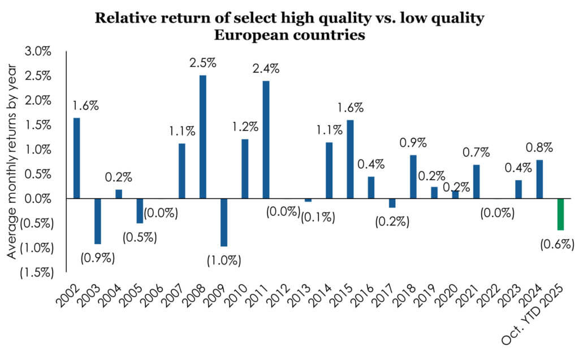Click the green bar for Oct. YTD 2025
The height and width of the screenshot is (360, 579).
coord(560,214)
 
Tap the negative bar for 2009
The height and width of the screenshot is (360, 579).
coord(224,222)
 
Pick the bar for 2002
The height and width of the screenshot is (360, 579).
coord(76,158)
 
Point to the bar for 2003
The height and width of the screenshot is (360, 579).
coord(98,221)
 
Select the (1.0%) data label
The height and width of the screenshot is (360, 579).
coord(224,261)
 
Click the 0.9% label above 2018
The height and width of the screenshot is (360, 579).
coord(413,142)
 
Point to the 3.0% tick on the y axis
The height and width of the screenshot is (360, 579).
coord(38,52)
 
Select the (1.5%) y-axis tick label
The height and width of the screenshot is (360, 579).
coord(34,272)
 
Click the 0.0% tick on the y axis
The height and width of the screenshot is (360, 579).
coord(38,199)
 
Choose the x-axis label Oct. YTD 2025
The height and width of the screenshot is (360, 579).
coord(543,316)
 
